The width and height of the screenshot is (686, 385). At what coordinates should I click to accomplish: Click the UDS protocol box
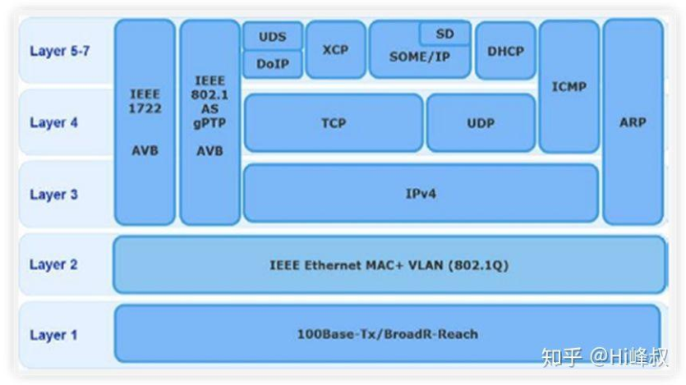[x=272, y=36]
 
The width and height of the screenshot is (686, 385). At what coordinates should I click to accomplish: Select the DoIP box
[x=272, y=64]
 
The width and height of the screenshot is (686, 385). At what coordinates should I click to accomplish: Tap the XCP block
[x=335, y=50]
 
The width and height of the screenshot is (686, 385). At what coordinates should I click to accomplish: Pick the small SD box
[x=444, y=34]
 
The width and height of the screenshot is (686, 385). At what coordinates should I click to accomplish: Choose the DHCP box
[x=505, y=50]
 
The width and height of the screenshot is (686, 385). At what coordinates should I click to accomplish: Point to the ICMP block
[x=569, y=86]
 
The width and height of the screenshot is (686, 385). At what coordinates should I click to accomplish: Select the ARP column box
[x=633, y=121]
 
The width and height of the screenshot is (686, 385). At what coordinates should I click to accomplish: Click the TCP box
[x=333, y=123]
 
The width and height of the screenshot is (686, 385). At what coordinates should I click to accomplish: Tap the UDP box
[x=481, y=123]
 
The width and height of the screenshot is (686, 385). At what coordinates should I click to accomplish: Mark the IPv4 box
[x=421, y=194]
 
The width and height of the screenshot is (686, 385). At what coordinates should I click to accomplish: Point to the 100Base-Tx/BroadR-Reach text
[x=387, y=334]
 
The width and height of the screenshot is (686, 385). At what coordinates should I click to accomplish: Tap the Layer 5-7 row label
[x=59, y=51]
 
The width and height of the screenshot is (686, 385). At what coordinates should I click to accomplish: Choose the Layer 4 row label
[x=53, y=123]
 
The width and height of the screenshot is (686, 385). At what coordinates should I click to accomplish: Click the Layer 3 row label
[x=53, y=195]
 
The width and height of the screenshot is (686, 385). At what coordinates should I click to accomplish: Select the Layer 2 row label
[x=53, y=264]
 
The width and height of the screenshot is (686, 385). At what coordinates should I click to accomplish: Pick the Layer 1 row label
[x=53, y=335]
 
